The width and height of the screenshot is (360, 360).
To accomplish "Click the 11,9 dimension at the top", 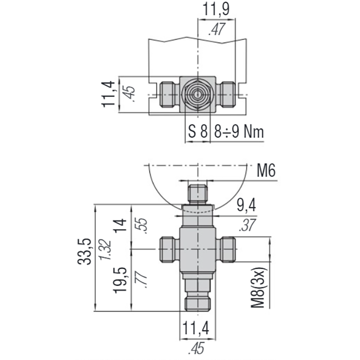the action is click(x=216, y=9).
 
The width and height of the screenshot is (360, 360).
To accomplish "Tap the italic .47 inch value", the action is click(x=217, y=29).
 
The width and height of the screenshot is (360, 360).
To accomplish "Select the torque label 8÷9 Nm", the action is click(x=239, y=131).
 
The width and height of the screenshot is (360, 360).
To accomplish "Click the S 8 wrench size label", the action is click(x=198, y=131).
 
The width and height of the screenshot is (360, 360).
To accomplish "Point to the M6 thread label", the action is click(x=266, y=171).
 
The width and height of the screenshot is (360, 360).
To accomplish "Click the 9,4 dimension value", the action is click(x=246, y=205).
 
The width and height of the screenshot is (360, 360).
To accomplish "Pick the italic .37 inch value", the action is click(x=247, y=225).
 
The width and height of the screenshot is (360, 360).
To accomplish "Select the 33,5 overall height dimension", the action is click(x=84, y=252).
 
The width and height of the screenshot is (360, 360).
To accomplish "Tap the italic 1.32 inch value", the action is click(x=105, y=250).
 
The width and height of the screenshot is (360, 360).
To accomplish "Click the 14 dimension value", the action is click(x=121, y=226).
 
